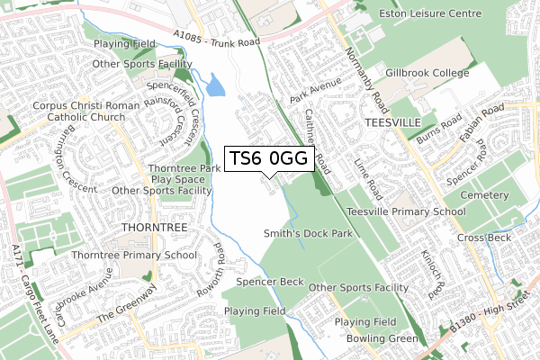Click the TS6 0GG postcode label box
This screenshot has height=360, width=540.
[269, 158]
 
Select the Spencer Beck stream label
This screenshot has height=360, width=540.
[270, 282]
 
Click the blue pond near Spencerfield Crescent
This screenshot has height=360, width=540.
[217, 86]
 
